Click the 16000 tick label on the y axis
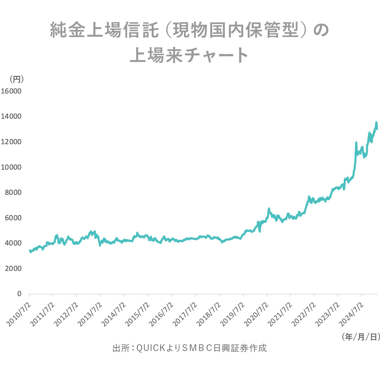pyautogui.click(x=11, y=91)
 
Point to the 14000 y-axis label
pyautogui.click(x=11, y=117)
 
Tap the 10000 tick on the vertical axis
pyautogui.click(x=11, y=167)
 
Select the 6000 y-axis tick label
pyautogui.click(x=13, y=218)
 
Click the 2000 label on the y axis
pyautogui.click(x=13, y=268)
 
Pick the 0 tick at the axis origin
pyautogui.click(x=19, y=294)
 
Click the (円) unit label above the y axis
pyautogui.click(x=16, y=78)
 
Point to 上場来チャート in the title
pyautogui.click(x=189, y=55)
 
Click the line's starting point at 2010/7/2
pyautogui.click(x=29, y=250)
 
